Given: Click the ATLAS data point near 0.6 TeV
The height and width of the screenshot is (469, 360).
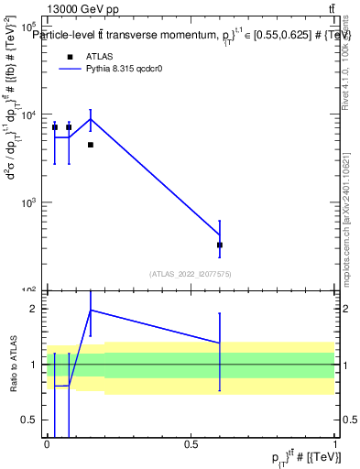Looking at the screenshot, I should click(x=220, y=245).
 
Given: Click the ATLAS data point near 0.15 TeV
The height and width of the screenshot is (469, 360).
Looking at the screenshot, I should click(x=91, y=145).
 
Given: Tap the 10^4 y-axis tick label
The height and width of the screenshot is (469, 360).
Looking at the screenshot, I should click(x=28, y=115).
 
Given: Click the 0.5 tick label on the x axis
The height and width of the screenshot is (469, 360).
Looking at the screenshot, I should click(x=191, y=445).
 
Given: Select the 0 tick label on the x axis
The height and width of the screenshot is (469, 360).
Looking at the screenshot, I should click(x=47, y=445).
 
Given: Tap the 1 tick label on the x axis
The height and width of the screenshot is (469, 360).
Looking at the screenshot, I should click(x=334, y=445).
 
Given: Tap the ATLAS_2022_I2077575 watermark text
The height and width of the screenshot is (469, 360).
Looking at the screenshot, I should click(x=191, y=273).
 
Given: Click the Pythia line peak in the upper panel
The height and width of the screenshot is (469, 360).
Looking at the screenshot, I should click(x=91, y=119).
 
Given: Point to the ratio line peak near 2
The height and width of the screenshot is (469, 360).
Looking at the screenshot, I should click(x=91, y=310).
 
